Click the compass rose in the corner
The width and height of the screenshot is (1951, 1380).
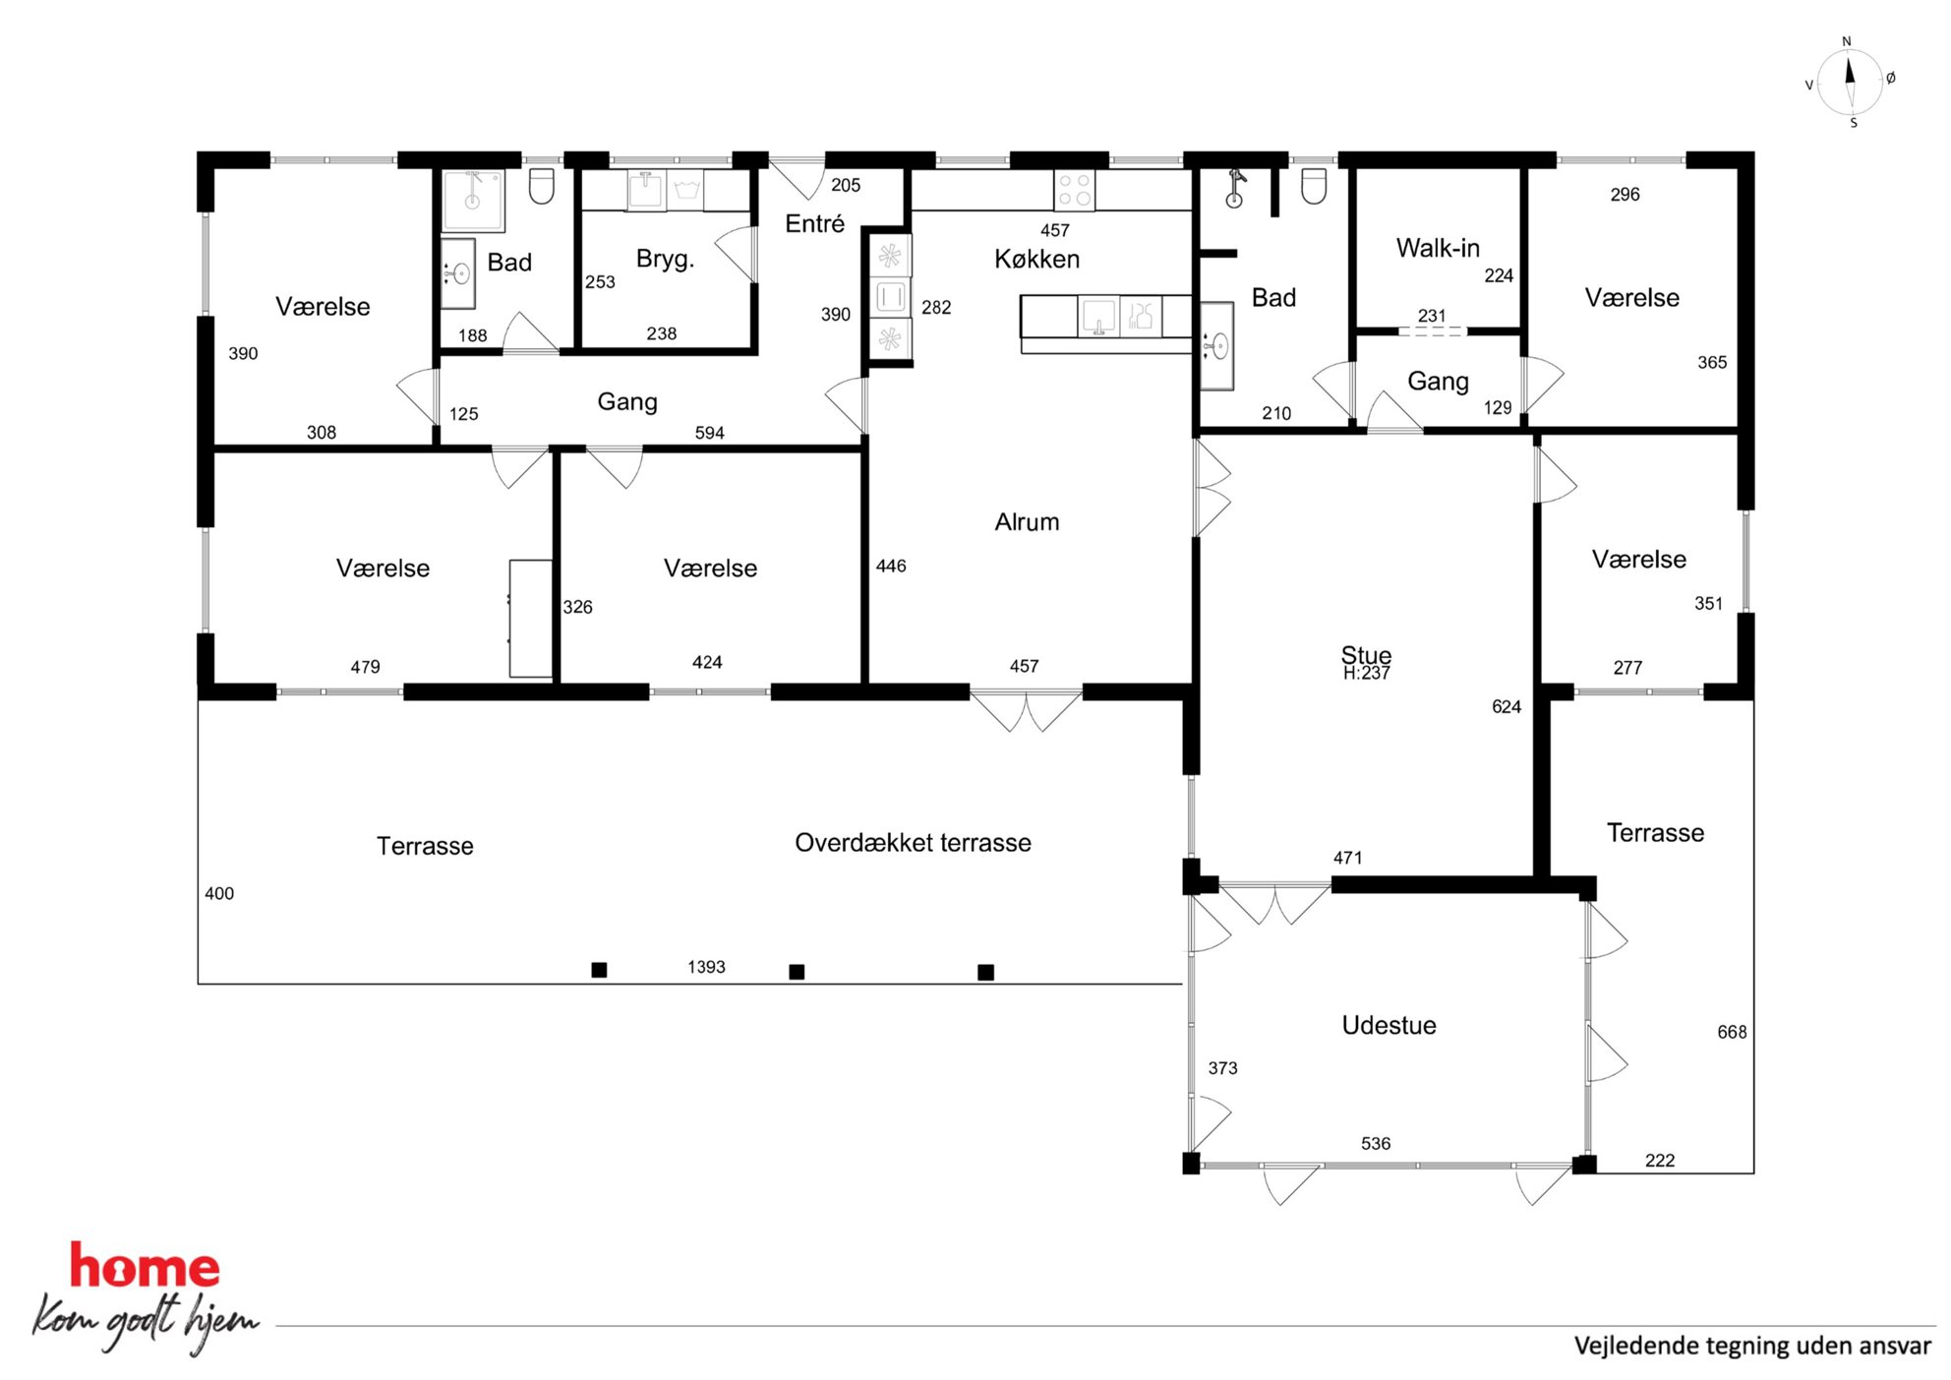(x=1850, y=83)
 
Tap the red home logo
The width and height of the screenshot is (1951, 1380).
(x=145, y=1267)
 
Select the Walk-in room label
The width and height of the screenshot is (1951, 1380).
(x=1438, y=248)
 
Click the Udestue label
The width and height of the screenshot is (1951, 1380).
(x=1389, y=1025)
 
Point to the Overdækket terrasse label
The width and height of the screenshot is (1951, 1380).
(x=913, y=843)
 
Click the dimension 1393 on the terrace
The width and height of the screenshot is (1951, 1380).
(x=706, y=967)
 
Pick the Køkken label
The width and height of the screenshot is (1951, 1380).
(x=1036, y=259)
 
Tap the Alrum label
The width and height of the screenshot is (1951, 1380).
(x=1027, y=522)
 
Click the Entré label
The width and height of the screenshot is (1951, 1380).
(x=814, y=223)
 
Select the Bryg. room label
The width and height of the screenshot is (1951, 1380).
(x=665, y=259)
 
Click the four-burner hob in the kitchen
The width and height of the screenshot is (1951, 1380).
(x=1074, y=190)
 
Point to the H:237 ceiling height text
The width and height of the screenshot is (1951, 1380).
(x=1366, y=674)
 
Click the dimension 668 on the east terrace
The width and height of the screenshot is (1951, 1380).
(x=1732, y=1032)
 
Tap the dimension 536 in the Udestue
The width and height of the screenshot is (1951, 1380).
(x=1376, y=1143)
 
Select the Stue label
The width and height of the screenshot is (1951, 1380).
(x=1366, y=654)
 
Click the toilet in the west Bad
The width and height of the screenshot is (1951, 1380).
(x=542, y=186)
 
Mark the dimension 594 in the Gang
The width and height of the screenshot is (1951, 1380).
(x=709, y=433)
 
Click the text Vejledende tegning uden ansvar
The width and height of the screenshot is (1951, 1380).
(x=1752, y=1346)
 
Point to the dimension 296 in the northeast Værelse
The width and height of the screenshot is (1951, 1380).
(x=1625, y=195)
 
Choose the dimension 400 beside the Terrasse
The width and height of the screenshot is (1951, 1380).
(x=219, y=893)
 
